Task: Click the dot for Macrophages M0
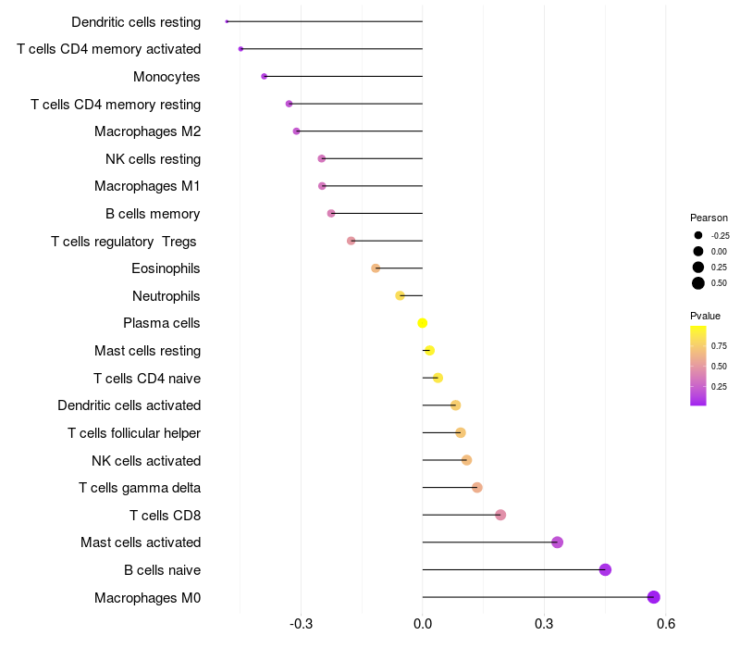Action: [654, 597]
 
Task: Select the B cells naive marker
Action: [605, 569]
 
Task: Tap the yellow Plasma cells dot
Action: [423, 323]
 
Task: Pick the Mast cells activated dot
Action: [557, 542]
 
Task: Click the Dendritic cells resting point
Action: [227, 21]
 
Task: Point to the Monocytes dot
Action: [265, 77]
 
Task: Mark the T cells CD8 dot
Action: [500, 515]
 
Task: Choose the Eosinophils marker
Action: [376, 268]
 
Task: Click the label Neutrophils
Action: [166, 296]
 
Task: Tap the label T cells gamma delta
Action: [140, 488]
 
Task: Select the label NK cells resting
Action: [153, 159]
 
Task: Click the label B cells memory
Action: [153, 214]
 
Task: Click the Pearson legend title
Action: [709, 218]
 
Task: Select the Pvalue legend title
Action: [705, 316]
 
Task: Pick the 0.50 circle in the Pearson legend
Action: [698, 283]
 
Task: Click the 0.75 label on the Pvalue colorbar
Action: [719, 346]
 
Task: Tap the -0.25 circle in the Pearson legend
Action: [698, 235]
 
